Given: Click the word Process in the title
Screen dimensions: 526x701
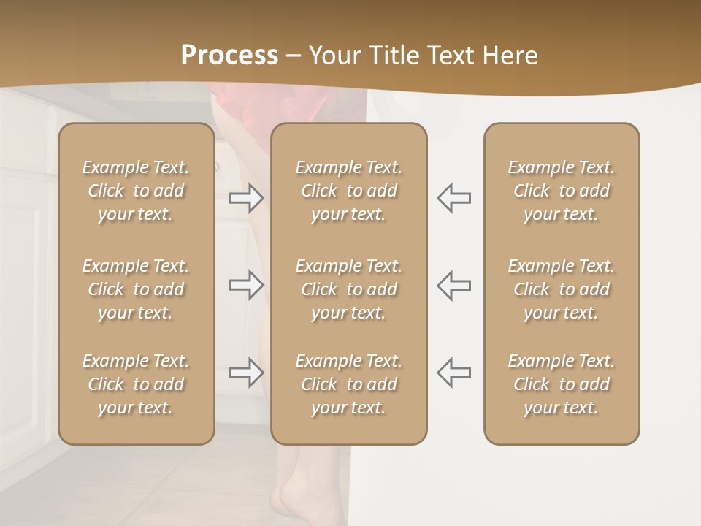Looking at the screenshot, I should click(x=229, y=56).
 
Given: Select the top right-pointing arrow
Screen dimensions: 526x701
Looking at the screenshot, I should click(x=246, y=198).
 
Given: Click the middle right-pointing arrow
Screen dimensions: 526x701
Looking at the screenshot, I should click(x=246, y=285).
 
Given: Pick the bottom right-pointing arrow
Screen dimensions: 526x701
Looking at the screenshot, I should click(x=246, y=373).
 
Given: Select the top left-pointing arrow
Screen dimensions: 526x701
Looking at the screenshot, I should click(x=454, y=198).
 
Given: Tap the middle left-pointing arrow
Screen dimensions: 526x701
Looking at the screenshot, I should click(x=454, y=285).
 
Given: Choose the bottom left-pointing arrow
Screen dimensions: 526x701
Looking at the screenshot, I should click(x=454, y=373).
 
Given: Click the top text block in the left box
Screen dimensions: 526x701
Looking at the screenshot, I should click(x=136, y=191).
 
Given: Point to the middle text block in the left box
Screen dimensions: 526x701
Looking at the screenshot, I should click(x=136, y=289).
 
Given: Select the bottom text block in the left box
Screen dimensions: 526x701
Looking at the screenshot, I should click(x=136, y=384).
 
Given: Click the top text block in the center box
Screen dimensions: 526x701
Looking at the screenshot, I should click(x=349, y=191).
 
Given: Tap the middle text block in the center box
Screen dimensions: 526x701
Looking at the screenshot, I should click(x=349, y=289).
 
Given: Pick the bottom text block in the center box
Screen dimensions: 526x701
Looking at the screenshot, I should click(x=349, y=384).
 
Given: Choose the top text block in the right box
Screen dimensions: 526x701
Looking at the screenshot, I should click(x=562, y=191).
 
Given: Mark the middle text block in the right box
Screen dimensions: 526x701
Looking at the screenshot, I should click(x=562, y=289).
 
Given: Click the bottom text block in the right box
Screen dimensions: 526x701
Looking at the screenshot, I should click(x=562, y=384).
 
